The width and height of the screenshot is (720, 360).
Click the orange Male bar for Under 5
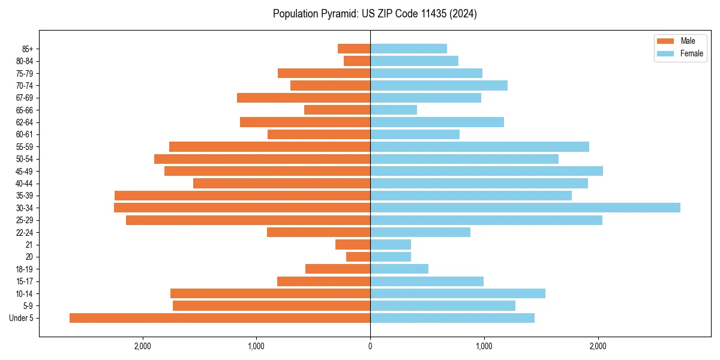220,318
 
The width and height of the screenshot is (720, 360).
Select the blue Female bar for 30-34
525,208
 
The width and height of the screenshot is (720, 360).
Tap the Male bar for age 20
358,257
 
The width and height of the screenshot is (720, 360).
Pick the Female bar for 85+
409,49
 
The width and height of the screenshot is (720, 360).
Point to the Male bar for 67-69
304,98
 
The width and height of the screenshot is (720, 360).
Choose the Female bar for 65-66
394,110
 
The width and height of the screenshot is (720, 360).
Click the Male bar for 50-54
262,159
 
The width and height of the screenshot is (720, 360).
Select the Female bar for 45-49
487,171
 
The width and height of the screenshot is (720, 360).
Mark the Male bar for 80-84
357,61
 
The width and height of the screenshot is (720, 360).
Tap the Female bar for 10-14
458,293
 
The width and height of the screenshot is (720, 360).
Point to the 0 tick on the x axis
370,346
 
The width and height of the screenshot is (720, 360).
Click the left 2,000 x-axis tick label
142,346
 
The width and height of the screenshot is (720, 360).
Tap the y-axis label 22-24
25,232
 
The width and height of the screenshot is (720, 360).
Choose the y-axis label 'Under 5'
22,318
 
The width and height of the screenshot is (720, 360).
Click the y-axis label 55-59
25,147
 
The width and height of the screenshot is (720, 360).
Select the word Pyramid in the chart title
338,14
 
